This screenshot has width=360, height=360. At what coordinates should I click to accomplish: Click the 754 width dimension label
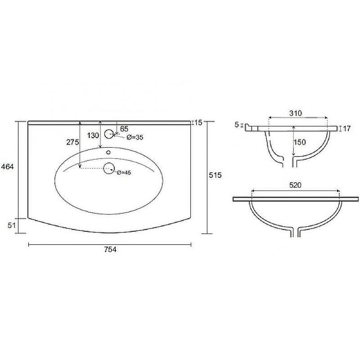[110, 249]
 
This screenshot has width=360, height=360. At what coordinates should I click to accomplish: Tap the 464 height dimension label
[7, 166]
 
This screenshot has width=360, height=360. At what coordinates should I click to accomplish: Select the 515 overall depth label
[215, 175]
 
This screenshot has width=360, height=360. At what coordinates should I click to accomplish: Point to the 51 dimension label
[12, 225]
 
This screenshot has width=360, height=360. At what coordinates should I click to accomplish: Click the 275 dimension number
[72, 142]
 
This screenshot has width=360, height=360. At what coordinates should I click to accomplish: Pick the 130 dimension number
[93, 135]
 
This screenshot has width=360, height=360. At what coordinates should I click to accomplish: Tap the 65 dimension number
[124, 129]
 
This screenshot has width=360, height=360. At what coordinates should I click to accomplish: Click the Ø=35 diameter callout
[135, 137]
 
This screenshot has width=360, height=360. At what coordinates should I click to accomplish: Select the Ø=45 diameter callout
[124, 172]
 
